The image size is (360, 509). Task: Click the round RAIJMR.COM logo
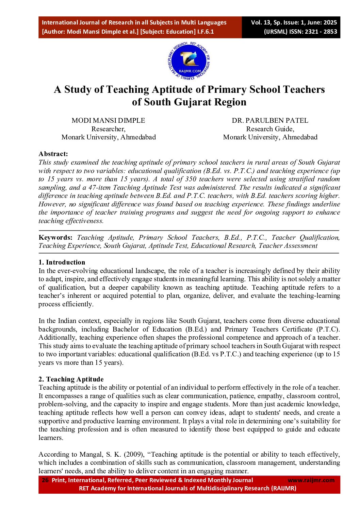pyautogui.click(x=189, y=62)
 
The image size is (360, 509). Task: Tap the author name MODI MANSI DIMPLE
pyautogui.click(x=108, y=120)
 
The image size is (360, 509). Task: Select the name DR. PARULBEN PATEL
pyautogui.click(x=270, y=120)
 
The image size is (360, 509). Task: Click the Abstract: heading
pyautogui.click(x=53, y=154)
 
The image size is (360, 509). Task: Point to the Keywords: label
pyautogui.click(x=55, y=237)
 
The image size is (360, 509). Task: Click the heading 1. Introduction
pyautogui.click(x=62, y=262)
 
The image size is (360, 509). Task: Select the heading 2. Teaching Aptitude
pyautogui.click(x=71, y=379)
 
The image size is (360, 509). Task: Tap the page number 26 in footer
pyautogui.click(x=45, y=480)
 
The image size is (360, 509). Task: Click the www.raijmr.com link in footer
pyautogui.click(x=311, y=480)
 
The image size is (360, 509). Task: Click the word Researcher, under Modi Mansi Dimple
pyautogui.click(x=108, y=129)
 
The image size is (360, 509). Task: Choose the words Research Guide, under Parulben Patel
pyautogui.click(x=270, y=129)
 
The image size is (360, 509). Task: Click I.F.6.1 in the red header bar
pyautogui.click(x=206, y=32)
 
